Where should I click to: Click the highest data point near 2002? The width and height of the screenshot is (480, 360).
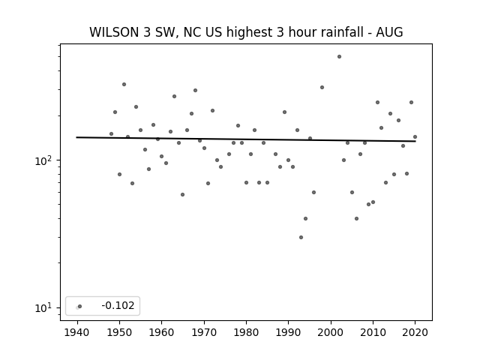(339, 57)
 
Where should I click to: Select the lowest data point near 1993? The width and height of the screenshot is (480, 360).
(301, 237)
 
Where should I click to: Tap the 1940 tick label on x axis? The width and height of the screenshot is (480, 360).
(76, 332)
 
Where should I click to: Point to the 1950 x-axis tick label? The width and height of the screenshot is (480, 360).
(119, 332)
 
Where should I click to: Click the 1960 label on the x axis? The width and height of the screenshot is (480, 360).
(161, 332)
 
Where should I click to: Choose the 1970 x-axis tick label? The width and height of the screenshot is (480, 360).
(204, 332)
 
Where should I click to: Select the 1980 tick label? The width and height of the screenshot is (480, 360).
(246, 332)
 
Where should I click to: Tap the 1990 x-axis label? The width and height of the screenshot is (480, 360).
(288, 332)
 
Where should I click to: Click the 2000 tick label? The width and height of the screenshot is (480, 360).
(330, 332)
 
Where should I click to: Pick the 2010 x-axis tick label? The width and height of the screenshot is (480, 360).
(373, 332)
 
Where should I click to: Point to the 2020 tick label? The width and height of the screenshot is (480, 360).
(415, 332)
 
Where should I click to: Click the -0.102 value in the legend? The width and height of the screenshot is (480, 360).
(118, 305)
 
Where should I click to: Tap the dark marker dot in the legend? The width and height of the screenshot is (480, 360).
(80, 306)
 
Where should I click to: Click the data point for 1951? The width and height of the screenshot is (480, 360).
(124, 84)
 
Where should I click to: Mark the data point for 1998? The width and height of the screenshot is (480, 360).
(322, 87)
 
